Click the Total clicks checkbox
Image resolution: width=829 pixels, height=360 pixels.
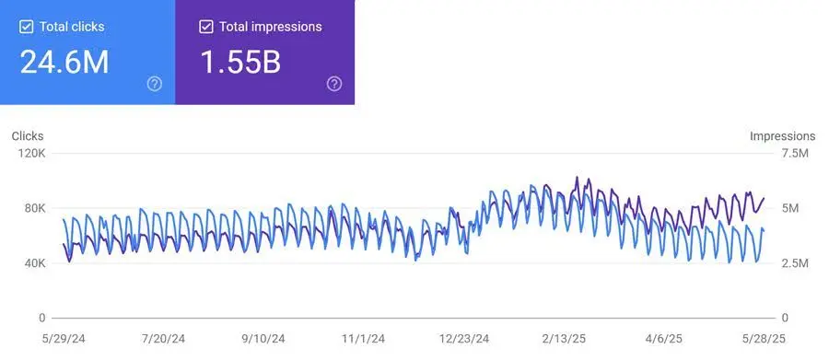click(x=26, y=27)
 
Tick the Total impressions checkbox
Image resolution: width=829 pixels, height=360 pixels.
click(x=206, y=27)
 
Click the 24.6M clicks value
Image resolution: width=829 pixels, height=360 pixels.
click(x=64, y=63)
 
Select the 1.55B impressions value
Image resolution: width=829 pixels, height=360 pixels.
click(x=241, y=63)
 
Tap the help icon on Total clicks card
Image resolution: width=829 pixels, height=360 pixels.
click(x=155, y=84)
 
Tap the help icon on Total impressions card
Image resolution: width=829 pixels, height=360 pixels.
click(x=334, y=84)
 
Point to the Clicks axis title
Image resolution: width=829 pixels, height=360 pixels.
click(x=28, y=136)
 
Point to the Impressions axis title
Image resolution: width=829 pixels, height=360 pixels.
click(x=782, y=136)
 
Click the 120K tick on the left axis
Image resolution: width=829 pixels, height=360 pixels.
click(x=31, y=153)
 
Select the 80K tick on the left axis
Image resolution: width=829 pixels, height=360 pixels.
click(x=33, y=208)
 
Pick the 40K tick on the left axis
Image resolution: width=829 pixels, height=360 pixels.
click(x=33, y=263)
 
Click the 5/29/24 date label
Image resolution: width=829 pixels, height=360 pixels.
click(x=64, y=338)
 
